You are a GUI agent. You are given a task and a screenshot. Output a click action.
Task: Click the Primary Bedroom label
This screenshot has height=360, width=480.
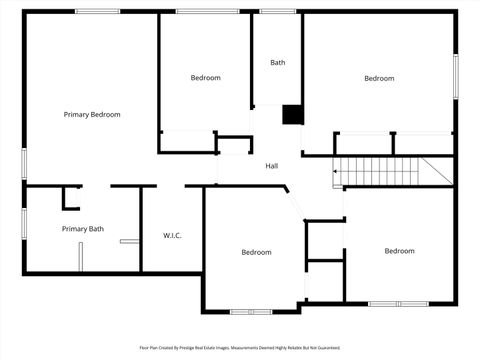pos(92,115)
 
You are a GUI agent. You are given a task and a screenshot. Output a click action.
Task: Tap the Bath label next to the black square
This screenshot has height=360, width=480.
pos(277,63)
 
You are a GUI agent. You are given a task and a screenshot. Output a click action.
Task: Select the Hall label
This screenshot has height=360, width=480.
pos(271,166)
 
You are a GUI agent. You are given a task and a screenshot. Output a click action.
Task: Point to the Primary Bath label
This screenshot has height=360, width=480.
pos(82,229)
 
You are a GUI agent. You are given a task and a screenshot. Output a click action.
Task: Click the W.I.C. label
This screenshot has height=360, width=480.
pos(172,236)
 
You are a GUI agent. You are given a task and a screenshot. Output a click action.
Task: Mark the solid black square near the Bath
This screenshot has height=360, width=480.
pos(292,115)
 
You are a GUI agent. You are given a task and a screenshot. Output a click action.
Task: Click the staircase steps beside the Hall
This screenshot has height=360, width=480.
pos(380,171)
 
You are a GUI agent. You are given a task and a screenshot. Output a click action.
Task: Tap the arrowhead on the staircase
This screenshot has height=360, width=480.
pos(336,171)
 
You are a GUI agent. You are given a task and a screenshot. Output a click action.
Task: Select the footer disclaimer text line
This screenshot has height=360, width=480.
pos(239,348)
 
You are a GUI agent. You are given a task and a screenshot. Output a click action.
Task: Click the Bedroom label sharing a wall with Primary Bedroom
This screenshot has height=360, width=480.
pos(205,78)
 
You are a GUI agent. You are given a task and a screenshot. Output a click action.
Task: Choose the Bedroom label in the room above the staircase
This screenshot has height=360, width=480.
pos(379,79)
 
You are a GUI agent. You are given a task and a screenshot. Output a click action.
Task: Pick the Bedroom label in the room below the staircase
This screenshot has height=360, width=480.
pos(399,251)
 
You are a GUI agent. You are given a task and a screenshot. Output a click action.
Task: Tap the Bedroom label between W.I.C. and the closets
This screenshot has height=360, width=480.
pos(256,252)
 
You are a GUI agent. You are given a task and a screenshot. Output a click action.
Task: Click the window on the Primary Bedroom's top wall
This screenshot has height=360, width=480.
pos(98,12)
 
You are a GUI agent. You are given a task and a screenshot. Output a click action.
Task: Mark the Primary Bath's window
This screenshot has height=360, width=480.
pos(24,224)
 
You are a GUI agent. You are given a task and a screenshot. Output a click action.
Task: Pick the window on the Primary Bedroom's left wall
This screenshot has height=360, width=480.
pos(24,163)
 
